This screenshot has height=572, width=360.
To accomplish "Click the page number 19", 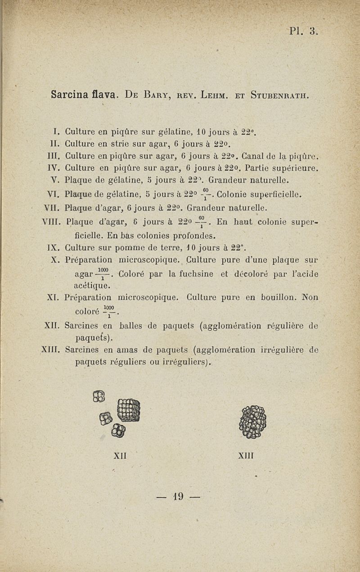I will [x=179, y=497].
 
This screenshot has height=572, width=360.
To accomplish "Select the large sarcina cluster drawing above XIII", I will [x=253, y=422].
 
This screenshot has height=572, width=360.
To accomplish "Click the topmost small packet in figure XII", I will [x=99, y=396].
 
